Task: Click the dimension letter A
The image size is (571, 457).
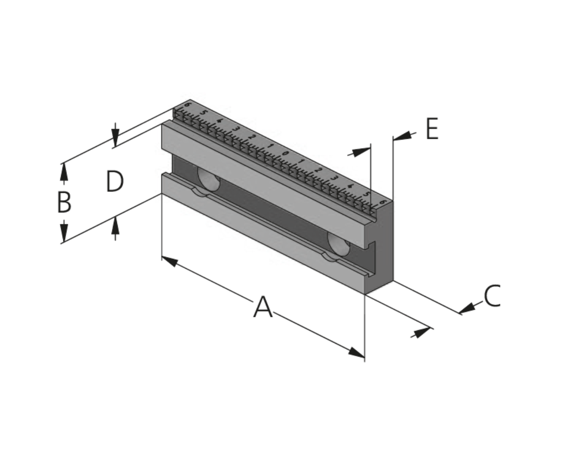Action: (x=263, y=307)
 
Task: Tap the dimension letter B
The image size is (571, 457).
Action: (x=65, y=202)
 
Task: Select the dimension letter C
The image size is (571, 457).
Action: (x=492, y=295)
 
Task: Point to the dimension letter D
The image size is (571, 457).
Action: (x=115, y=181)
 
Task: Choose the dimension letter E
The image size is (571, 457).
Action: (x=432, y=129)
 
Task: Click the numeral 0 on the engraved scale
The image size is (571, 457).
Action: (x=285, y=153)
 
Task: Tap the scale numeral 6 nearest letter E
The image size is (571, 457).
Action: (x=382, y=202)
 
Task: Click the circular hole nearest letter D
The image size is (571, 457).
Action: (x=209, y=179)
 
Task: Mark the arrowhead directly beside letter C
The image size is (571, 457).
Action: (x=467, y=308)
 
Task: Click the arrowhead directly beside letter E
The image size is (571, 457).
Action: (x=402, y=136)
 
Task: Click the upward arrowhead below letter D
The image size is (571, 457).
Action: (x=115, y=225)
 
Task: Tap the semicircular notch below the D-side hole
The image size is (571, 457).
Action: (x=201, y=193)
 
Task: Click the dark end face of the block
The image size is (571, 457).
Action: (x=380, y=247)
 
